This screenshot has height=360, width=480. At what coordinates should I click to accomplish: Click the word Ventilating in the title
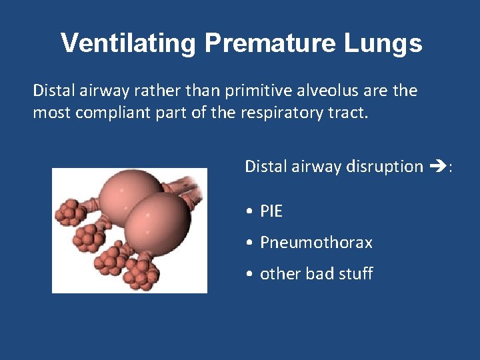pyautogui.click(x=129, y=43)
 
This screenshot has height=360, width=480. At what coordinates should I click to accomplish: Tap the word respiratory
pyautogui.click(x=279, y=113)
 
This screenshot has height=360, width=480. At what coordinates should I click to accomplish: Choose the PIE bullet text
pyautogui.click(x=271, y=211)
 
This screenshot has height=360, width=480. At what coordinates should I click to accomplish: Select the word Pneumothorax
pyautogui.click(x=316, y=243)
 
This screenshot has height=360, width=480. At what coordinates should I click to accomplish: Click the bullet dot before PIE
pyautogui.click(x=248, y=212)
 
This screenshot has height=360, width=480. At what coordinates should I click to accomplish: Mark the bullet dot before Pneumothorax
pyautogui.click(x=248, y=243)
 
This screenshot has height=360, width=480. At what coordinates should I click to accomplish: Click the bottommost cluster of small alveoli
pyautogui.click(x=142, y=273)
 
